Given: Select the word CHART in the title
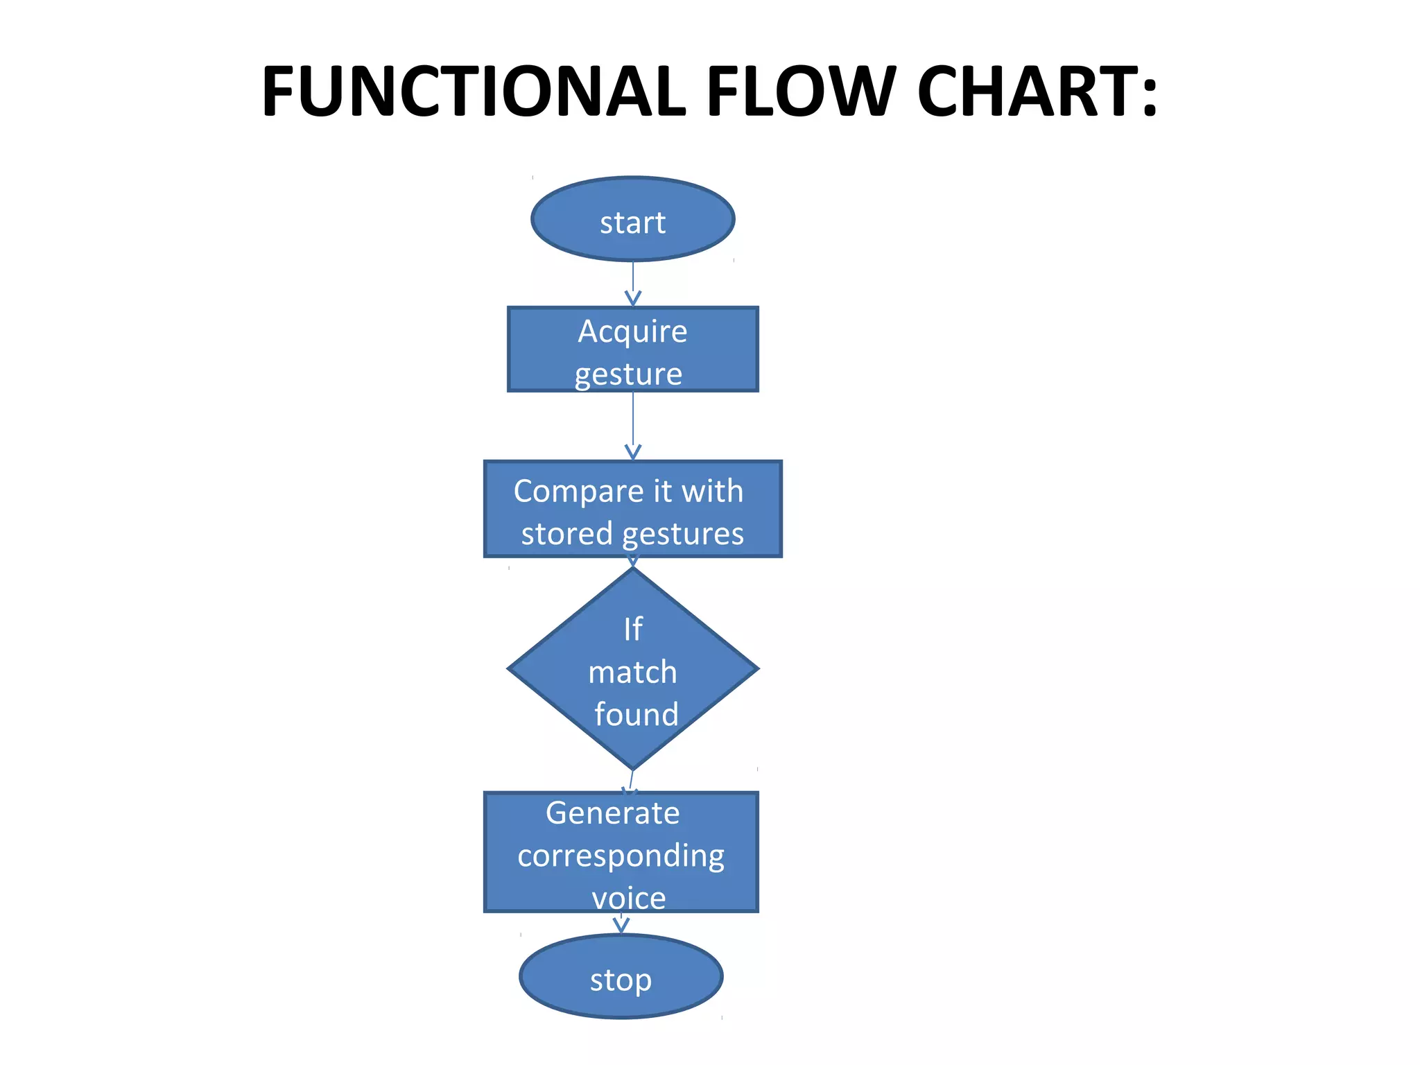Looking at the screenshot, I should [x=1026, y=92].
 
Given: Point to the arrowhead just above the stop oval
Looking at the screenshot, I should [x=621, y=924].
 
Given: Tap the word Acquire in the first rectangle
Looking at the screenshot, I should [x=632, y=331].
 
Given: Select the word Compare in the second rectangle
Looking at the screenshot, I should [x=578, y=492].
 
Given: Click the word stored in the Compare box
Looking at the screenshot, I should [x=566, y=535].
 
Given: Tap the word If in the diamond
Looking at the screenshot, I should [x=632, y=630].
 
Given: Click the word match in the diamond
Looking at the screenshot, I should [x=632, y=673].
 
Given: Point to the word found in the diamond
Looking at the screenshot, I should [x=636, y=715].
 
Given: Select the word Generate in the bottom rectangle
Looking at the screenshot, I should [x=612, y=813].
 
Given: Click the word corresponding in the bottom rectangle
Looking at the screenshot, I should [x=621, y=856].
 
